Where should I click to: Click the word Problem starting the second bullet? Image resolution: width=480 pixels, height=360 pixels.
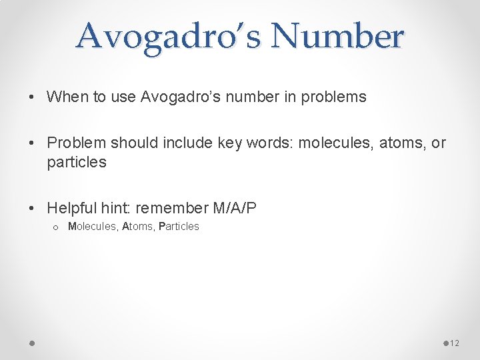(x=77, y=143)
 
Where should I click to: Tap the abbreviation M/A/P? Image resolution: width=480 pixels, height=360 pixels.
(x=235, y=209)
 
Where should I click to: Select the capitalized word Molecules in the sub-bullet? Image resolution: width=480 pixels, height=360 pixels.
(x=92, y=227)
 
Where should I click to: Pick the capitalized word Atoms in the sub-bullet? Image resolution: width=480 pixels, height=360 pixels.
(x=137, y=227)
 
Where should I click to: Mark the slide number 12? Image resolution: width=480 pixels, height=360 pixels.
(x=455, y=343)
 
